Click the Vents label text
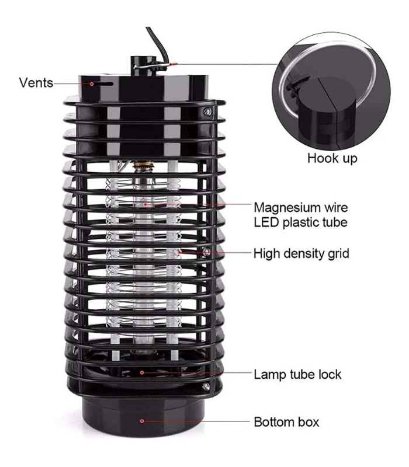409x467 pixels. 36,82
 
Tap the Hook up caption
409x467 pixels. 332,158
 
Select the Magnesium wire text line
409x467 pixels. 301,208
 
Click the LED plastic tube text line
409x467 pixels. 300,222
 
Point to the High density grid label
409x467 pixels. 301,254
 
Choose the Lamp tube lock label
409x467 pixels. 297,374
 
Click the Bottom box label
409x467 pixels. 286,422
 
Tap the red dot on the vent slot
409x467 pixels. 92,84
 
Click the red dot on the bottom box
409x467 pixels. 142,421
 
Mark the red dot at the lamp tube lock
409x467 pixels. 142,372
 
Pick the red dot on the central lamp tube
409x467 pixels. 145,204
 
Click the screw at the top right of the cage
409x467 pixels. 208,111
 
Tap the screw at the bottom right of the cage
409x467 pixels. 206,386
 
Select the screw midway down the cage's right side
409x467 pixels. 206,252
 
